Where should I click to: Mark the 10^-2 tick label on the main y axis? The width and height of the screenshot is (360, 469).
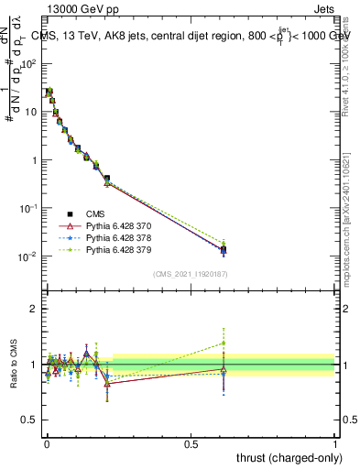point(27,256)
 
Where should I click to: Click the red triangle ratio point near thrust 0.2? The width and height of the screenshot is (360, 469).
point(107,384)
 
